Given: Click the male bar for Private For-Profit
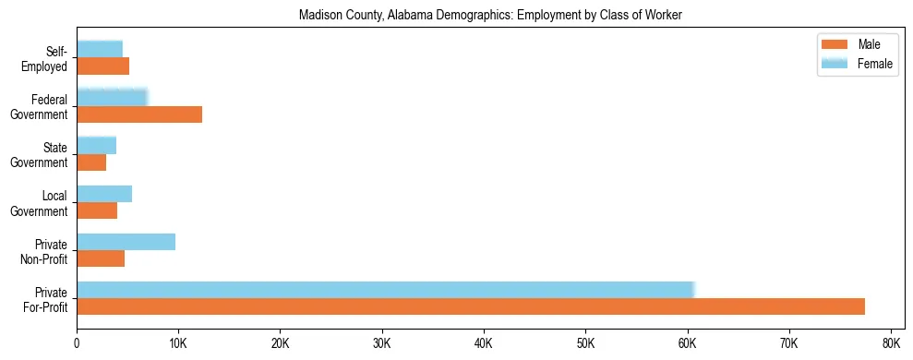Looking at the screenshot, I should coord(471,306).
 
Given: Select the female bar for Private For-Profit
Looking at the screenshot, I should coord(385,290).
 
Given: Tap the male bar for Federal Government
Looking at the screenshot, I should coord(139,114).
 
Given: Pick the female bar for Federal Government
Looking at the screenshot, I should coord(112,97).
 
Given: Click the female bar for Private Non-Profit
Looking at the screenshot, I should coord(126,242).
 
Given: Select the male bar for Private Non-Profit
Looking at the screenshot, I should coord(101,258).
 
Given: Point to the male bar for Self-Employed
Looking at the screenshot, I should coord(102,66).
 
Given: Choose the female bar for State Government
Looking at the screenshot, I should coord(96,145).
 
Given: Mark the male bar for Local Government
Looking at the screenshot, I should coord(97,210).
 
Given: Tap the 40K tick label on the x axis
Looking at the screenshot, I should coord(484,343).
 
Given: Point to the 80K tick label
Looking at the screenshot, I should coord(890,343).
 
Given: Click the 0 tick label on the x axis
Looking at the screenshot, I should coord(77,343).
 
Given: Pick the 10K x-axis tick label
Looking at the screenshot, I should coord(178,343).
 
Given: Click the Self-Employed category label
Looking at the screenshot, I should coord(48,58).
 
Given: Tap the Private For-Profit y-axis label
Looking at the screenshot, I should coord(45,299).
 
